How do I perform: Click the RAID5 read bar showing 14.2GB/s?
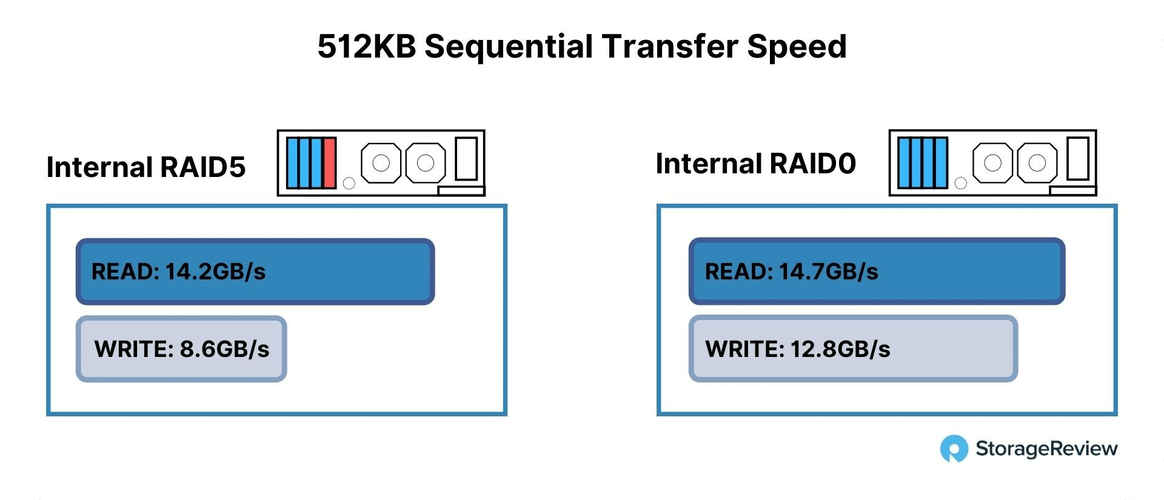(x=255, y=272)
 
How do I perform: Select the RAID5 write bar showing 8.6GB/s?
(x=181, y=348)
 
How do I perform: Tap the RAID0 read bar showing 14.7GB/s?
(x=877, y=271)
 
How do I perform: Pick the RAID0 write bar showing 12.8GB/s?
(x=853, y=348)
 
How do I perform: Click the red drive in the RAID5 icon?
(x=329, y=163)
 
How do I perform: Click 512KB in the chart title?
(x=367, y=46)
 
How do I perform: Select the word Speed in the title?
(x=797, y=47)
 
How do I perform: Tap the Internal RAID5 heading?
(x=146, y=167)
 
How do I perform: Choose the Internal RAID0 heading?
(x=756, y=163)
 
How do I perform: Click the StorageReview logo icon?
(x=954, y=448)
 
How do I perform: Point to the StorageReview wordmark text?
(x=1046, y=448)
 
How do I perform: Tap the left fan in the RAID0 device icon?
(x=992, y=162)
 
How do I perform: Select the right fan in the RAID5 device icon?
(x=426, y=162)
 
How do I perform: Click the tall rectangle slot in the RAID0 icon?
(x=1078, y=159)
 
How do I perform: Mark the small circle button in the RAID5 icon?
(x=349, y=183)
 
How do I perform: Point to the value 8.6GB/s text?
(x=225, y=349)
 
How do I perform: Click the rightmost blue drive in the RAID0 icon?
(x=941, y=163)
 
